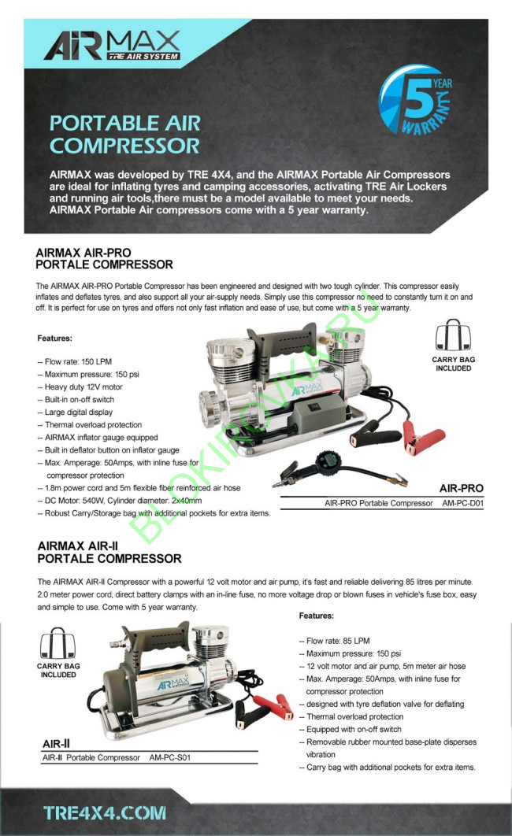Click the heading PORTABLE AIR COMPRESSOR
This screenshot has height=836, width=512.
coord(124,135)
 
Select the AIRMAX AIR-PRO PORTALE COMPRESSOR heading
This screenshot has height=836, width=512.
coord(104,258)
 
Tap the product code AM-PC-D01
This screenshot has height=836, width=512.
coord(462,502)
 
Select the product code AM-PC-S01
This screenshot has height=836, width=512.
coord(169,757)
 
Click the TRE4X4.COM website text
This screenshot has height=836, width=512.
coord(105,812)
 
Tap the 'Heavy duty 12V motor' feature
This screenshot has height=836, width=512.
coord(83,387)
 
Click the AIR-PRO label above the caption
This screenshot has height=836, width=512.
coord(462,488)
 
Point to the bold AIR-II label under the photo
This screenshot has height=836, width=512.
coord(58,743)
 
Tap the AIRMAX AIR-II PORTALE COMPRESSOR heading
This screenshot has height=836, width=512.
coord(109,553)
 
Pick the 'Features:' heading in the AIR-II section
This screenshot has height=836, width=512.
coord(316,616)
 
